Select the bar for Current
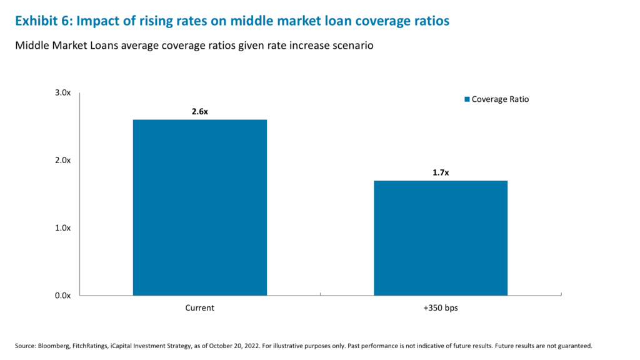pyautogui.click(x=200, y=207)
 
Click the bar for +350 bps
pyautogui.click(x=441, y=237)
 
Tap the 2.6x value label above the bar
pyautogui.click(x=200, y=111)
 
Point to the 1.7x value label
pyautogui.click(x=441, y=172)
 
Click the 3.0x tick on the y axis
pyautogui.click(x=62, y=92)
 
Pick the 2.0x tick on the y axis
pyautogui.click(x=62, y=160)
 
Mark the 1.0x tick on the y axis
pyautogui.click(x=62, y=227)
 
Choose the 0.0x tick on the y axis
pyautogui.click(x=62, y=295)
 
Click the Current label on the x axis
pyautogui.click(x=200, y=308)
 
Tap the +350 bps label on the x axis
pyautogui.click(x=441, y=308)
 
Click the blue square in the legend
pyautogui.click(x=466, y=99)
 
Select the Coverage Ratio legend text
pyautogui.click(x=500, y=99)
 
